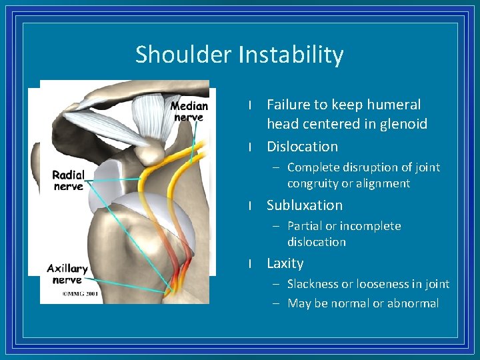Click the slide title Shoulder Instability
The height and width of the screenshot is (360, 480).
[239, 55]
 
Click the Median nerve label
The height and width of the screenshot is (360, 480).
[189, 111]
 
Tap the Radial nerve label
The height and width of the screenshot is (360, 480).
[69, 181]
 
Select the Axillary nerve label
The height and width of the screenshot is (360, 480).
[67, 274]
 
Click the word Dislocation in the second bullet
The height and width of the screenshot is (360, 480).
[302, 147]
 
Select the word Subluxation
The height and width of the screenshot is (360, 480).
[304, 205]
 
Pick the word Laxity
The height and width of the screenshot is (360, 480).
[285, 263]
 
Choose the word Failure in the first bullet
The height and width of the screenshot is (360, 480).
[289, 105]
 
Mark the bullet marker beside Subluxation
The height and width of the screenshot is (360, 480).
[249, 206]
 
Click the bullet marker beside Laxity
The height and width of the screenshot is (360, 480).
[249, 264]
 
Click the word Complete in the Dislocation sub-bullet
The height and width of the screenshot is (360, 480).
[315, 167]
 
